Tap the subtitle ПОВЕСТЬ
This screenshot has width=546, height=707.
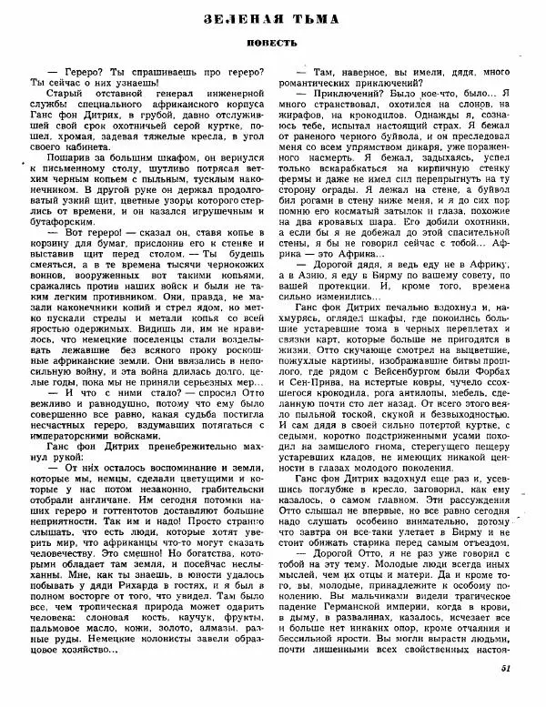tap(271, 42)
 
